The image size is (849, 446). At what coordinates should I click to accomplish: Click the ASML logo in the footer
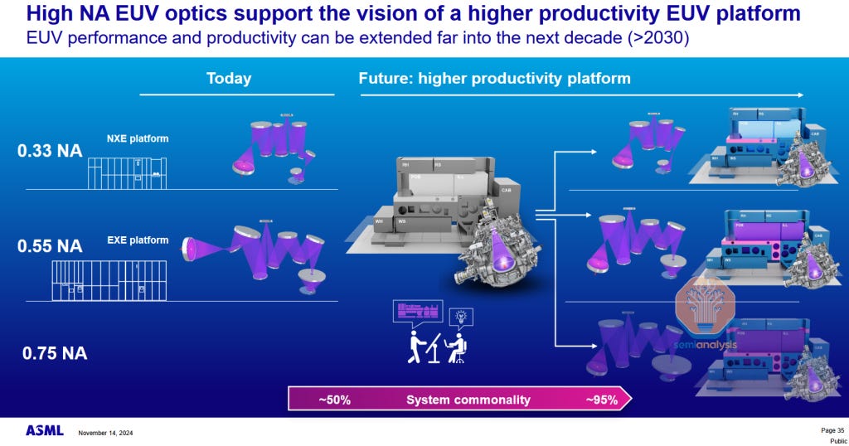(x=44, y=431)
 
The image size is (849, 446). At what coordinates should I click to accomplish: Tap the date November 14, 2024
(x=105, y=433)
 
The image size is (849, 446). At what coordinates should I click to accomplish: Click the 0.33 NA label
(x=51, y=151)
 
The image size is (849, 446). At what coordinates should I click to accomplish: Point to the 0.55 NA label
(x=51, y=246)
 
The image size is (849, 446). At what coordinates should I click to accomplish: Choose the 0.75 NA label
(x=54, y=353)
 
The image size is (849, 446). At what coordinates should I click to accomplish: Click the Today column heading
(x=228, y=79)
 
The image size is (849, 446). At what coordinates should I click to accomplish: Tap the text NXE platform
(x=137, y=138)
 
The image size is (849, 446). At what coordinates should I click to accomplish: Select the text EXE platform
(x=137, y=240)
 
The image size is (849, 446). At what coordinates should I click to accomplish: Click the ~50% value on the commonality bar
(x=334, y=400)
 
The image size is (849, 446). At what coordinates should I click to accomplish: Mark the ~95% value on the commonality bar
(x=601, y=400)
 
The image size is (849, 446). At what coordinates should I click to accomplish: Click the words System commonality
(x=468, y=400)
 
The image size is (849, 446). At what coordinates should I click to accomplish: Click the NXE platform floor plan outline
(x=128, y=172)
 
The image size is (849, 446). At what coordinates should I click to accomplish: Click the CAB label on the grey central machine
(x=506, y=189)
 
